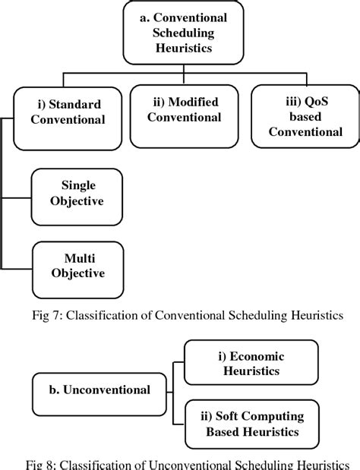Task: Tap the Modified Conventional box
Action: [x=185, y=111]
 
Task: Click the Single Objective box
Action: [x=77, y=194]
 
